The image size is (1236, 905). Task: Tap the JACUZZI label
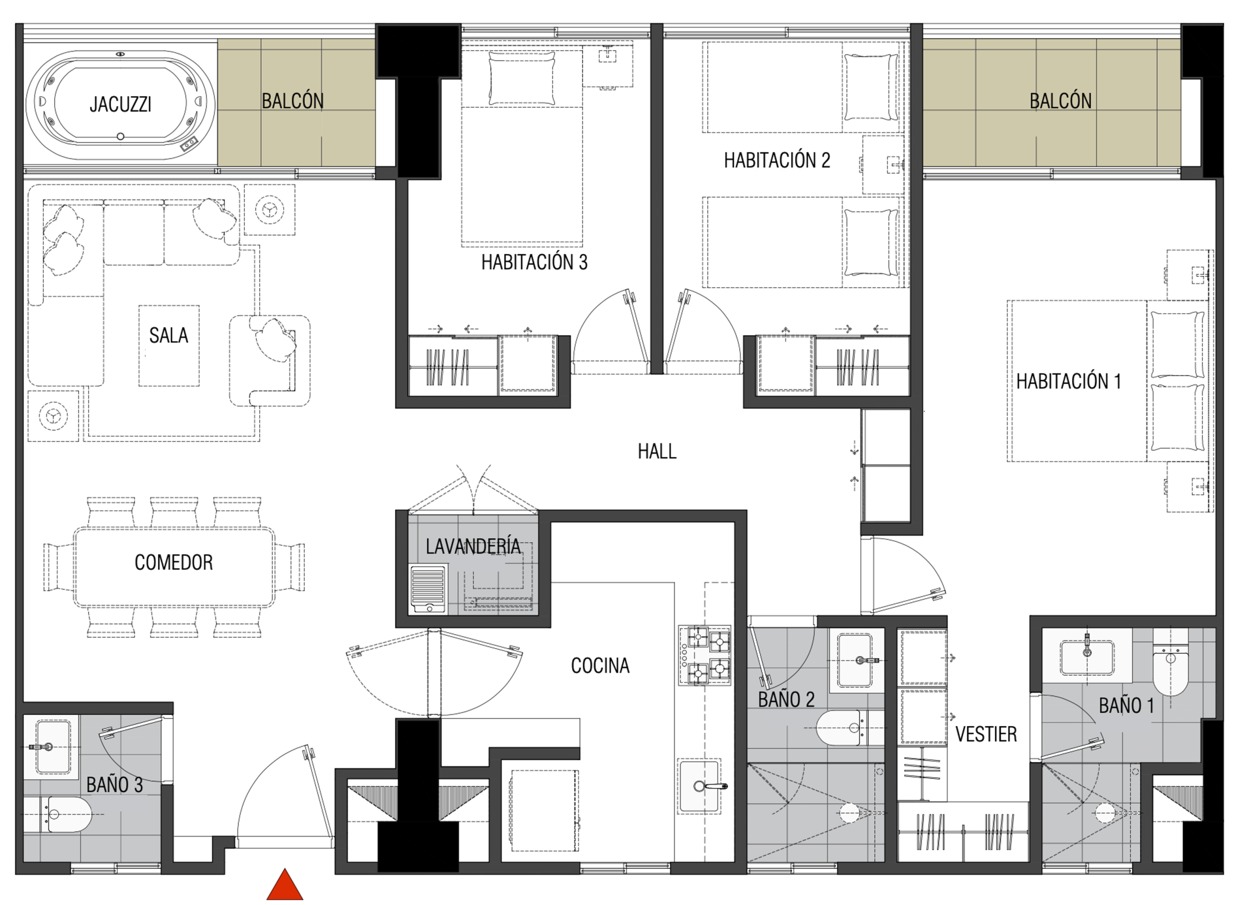tap(121, 104)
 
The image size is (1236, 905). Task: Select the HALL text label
tap(657, 452)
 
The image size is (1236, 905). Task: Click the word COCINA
tap(600, 665)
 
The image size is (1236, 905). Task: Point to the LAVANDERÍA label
tap(473, 546)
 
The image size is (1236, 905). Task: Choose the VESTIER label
tap(986, 734)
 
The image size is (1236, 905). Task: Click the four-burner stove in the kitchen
tap(704, 656)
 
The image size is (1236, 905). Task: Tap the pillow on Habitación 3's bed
tap(521, 78)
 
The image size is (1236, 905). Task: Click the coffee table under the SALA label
tap(169, 346)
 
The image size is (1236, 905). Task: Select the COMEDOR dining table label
tap(174, 563)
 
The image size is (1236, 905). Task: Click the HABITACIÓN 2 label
tap(777, 160)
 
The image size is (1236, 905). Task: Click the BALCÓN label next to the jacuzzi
tap(293, 101)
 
